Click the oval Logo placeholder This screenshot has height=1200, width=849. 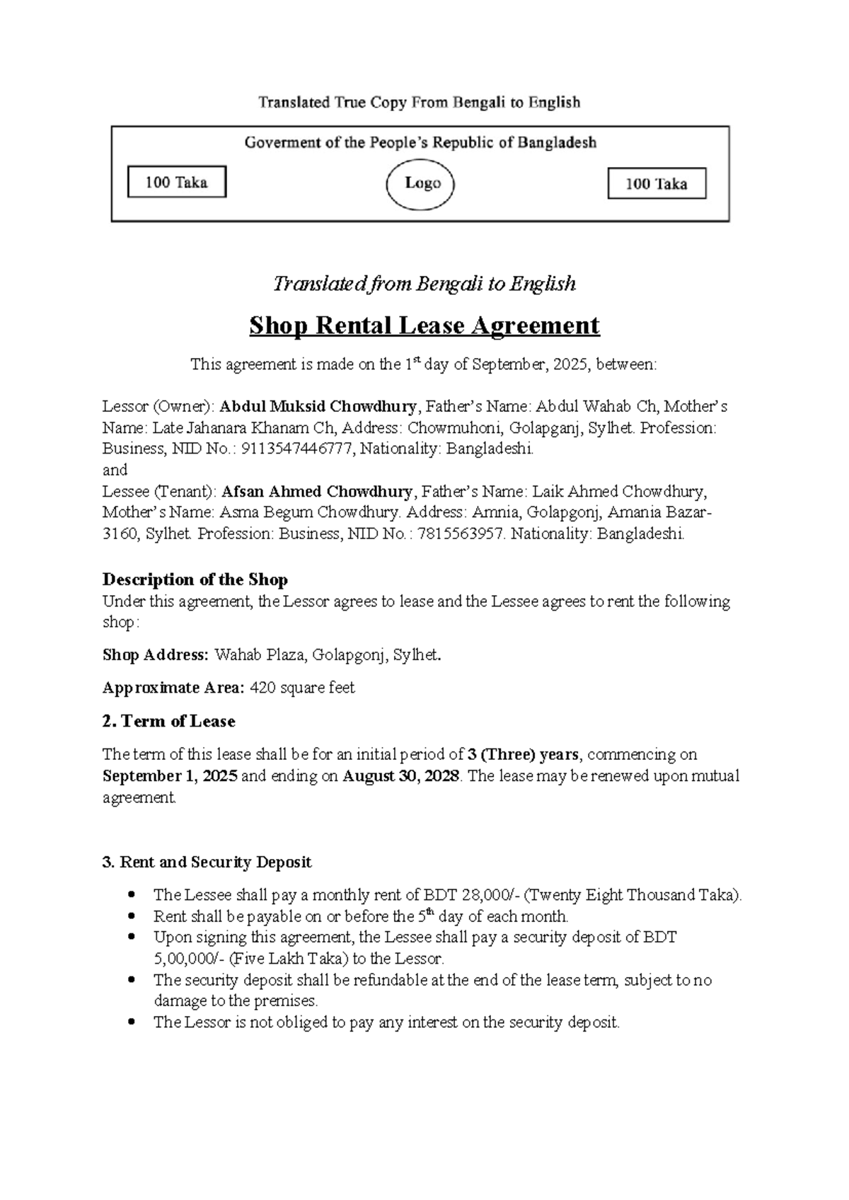tap(420, 183)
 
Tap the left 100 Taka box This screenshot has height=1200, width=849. tap(176, 183)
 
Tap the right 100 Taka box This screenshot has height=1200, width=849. tap(657, 184)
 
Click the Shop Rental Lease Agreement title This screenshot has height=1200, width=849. tap(424, 325)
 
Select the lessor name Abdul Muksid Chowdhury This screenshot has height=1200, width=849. tap(318, 407)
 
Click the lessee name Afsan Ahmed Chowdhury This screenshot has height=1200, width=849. tap(317, 491)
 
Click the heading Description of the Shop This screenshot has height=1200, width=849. tap(195, 580)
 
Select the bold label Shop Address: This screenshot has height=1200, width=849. tap(156, 654)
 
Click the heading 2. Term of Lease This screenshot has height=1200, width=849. tap(168, 722)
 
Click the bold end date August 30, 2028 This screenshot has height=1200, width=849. tap(401, 775)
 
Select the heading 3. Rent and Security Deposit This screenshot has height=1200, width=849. tap(207, 862)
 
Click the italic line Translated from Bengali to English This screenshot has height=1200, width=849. tap(424, 284)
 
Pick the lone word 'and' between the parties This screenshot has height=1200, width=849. tap(115, 470)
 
